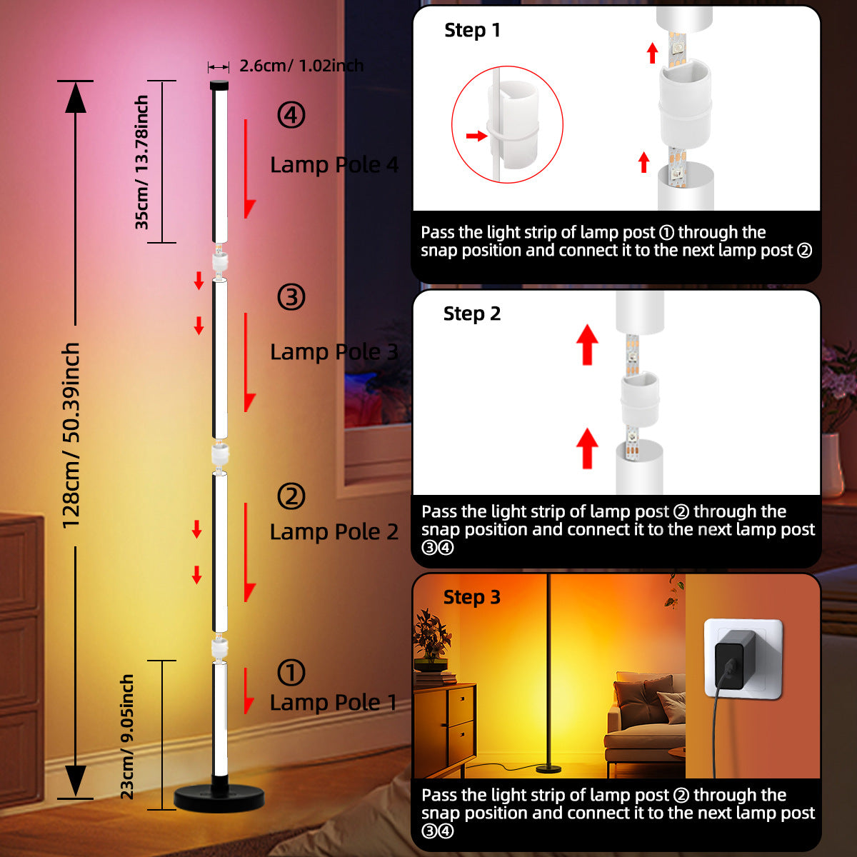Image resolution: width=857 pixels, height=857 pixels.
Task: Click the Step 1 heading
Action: click(x=472, y=31)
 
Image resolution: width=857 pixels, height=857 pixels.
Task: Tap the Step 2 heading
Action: click(x=472, y=314)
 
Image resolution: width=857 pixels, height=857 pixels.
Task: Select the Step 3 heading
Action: click(x=472, y=597)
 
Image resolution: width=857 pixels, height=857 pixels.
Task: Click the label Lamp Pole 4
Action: click(x=334, y=164)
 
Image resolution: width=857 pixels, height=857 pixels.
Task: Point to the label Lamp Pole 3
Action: click(x=334, y=352)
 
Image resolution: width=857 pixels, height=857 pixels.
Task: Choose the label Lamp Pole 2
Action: click(x=334, y=531)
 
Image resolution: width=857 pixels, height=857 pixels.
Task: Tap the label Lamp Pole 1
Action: click(x=333, y=703)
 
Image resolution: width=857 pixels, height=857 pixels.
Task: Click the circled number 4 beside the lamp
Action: click(x=291, y=115)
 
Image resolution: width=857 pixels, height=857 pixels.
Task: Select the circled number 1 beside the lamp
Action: click(x=291, y=673)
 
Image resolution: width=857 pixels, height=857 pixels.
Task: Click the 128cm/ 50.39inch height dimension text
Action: click(x=71, y=436)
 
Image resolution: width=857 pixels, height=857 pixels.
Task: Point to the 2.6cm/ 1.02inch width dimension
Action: click(x=301, y=66)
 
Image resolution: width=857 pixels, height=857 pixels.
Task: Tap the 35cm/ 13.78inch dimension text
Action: click(x=141, y=162)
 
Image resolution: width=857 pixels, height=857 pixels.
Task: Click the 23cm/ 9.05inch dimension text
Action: click(x=127, y=737)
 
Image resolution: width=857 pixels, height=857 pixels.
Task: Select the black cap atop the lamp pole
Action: click(x=219, y=85)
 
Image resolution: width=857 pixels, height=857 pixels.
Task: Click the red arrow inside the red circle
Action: click(x=477, y=136)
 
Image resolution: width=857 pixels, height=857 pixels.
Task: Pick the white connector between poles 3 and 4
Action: click(x=220, y=261)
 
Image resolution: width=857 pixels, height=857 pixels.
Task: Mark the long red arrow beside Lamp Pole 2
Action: click(x=249, y=552)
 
